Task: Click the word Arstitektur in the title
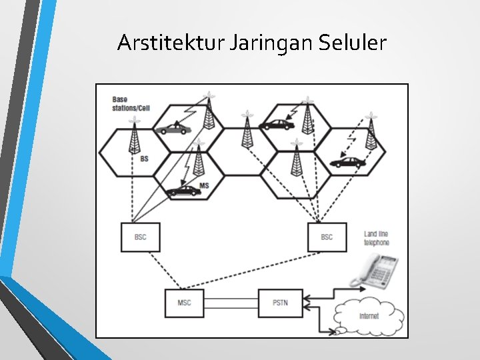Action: (171, 42)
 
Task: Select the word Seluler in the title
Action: (353, 42)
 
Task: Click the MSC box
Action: (184, 303)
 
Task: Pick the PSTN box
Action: (281, 303)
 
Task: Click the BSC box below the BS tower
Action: (141, 237)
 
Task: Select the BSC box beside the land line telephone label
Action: (327, 237)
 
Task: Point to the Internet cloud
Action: (369, 316)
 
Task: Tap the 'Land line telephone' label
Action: (376, 239)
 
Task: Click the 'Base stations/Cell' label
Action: (131, 104)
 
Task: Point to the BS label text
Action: (144, 159)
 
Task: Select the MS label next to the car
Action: (204, 186)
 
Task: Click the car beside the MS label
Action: (183, 191)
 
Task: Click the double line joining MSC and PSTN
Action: (231, 303)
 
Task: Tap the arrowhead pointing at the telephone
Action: (363, 289)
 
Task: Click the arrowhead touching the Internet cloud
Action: (332, 332)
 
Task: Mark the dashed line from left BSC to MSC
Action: (165, 271)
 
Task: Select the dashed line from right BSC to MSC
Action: (251, 271)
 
